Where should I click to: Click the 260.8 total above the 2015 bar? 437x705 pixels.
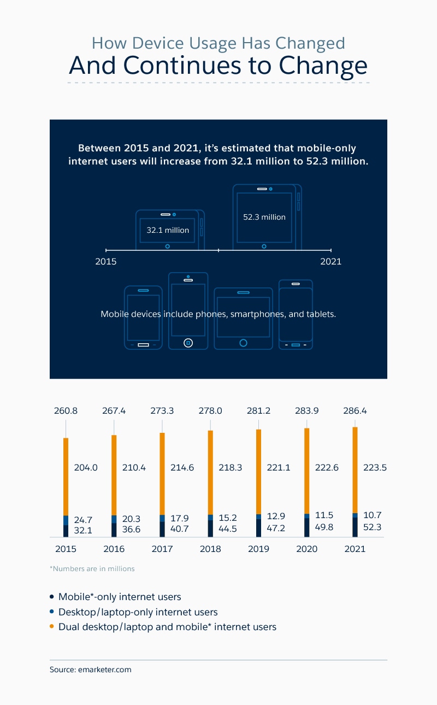(66, 411)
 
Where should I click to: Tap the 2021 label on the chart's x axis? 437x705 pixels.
(355, 549)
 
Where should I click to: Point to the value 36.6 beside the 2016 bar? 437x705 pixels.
(130, 529)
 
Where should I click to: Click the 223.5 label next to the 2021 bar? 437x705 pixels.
(375, 468)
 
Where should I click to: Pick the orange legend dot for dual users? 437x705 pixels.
(52, 627)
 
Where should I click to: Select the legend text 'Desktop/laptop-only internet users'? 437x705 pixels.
(138, 612)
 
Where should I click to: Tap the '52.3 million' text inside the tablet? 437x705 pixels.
(264, 217)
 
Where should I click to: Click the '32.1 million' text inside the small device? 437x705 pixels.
(168, 230)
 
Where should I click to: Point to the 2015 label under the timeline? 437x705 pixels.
(106, 261)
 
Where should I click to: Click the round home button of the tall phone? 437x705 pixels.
(188, 343)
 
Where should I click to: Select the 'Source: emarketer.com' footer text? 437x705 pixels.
(91, 669)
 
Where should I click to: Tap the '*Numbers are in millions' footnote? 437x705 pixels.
(92, 568)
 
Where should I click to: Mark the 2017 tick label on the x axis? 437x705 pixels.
(162, 549)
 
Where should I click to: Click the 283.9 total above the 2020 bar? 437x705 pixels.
(306, 411)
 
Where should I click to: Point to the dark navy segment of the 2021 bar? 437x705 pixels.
(355, 527)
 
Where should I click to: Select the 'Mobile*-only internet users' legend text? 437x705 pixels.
(120, 597)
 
